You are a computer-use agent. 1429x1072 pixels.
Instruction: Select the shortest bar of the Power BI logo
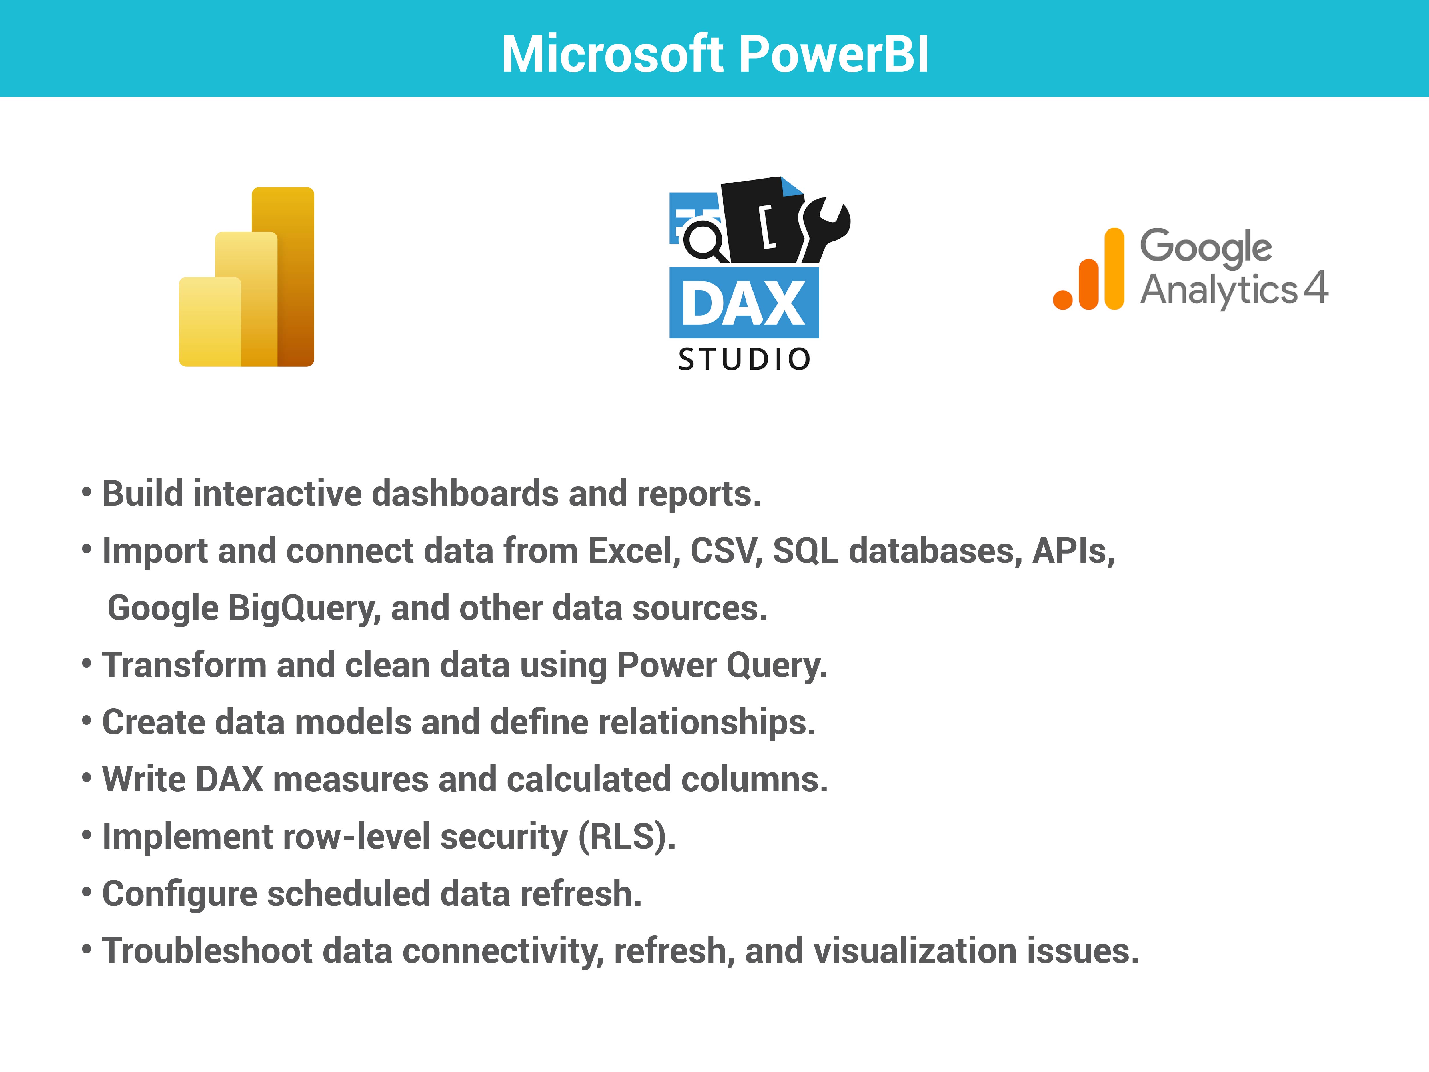210,322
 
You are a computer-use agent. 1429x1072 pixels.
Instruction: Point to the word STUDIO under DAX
744,359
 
